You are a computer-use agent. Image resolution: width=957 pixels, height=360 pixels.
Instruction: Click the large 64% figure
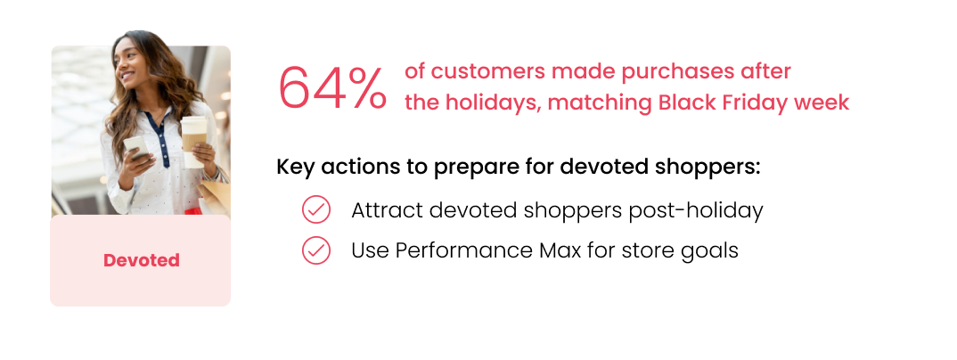point(332,87)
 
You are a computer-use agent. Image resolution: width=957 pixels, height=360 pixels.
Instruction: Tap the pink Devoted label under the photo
point(141,260)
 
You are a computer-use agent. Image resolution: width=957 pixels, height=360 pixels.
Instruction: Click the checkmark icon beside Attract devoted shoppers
point(316,210)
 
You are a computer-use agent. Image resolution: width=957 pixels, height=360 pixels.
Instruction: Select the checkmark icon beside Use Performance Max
point(316,250)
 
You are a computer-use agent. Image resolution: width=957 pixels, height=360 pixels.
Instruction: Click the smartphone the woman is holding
point(136,147)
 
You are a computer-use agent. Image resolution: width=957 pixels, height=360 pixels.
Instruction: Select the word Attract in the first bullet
point(387,210)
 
